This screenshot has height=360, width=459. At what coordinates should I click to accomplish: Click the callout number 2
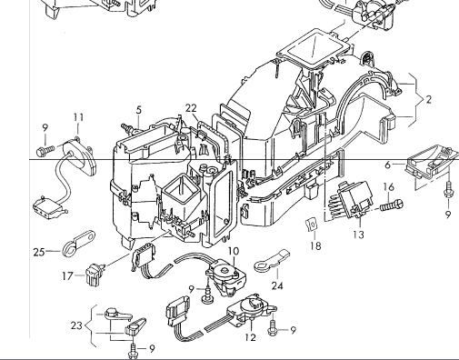coord(428,100)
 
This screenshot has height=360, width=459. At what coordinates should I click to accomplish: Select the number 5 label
coord(139,110)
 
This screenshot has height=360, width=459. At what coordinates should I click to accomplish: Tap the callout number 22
coord(191,108)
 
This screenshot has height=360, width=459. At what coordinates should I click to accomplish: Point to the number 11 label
coord(78,117)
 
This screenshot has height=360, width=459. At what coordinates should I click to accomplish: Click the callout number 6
coord(388,165)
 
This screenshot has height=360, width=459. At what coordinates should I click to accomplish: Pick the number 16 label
coord(389,187)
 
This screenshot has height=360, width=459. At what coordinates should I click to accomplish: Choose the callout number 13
coord(358,235)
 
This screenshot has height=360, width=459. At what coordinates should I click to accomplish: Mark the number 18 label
coord(315,245)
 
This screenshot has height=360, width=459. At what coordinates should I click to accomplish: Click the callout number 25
coord(39,252)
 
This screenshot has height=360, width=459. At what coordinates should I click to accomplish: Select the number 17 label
coord(67,276)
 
